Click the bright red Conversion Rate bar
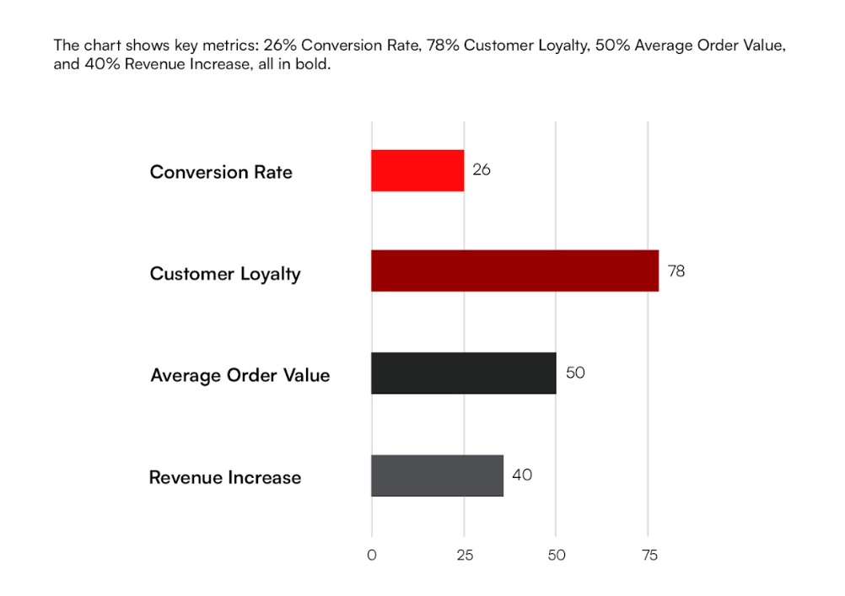tap(417, 170)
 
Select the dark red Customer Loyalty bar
tap(514, 271)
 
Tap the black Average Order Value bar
tap(463, 373)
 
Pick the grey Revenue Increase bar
tap(437, 475)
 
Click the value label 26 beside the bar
tap(482, 169)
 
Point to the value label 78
tap(676, 271)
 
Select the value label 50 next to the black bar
tap(575, 373)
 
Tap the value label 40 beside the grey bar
tap(522, 475)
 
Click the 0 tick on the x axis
tap(372, 556)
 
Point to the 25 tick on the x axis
tap(465, 556)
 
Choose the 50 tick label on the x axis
tap(557, 556)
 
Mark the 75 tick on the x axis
tap(649, 556)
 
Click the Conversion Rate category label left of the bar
tap(221, 172)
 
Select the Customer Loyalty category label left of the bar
tap(225, 274)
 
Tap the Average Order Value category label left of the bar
tap(240, 375)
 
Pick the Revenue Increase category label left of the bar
tap(225, 478)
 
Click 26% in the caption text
tap(281, 46)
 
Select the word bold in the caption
tap(313, 65)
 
